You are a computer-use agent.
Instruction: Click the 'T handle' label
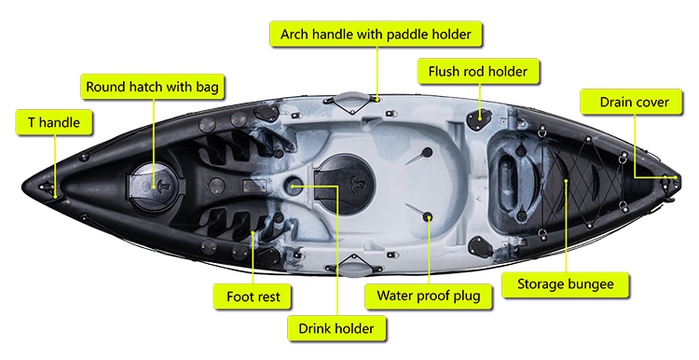coord(54,123)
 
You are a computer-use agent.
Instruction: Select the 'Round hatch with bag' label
coord(153,87)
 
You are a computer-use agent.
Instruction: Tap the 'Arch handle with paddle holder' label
coord(376,35)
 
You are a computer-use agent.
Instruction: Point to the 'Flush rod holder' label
coord(478,72)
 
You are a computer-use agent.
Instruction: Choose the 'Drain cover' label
coord(631,103)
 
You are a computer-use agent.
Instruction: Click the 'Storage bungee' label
coord(566,284)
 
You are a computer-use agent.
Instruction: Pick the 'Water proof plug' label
coord(429,297)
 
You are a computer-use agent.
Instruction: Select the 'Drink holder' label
coord(336,329)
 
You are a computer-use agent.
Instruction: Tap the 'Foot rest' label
coord(253,297)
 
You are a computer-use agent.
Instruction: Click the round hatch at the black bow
coord(157,186)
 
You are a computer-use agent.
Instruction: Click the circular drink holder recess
coord(294,186)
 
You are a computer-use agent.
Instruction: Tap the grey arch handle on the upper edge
coord(352,98)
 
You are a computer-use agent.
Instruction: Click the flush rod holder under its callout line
coord(479,118)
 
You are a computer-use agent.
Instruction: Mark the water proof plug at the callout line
coord(429,217)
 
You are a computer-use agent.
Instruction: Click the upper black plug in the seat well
coord(427,152)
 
